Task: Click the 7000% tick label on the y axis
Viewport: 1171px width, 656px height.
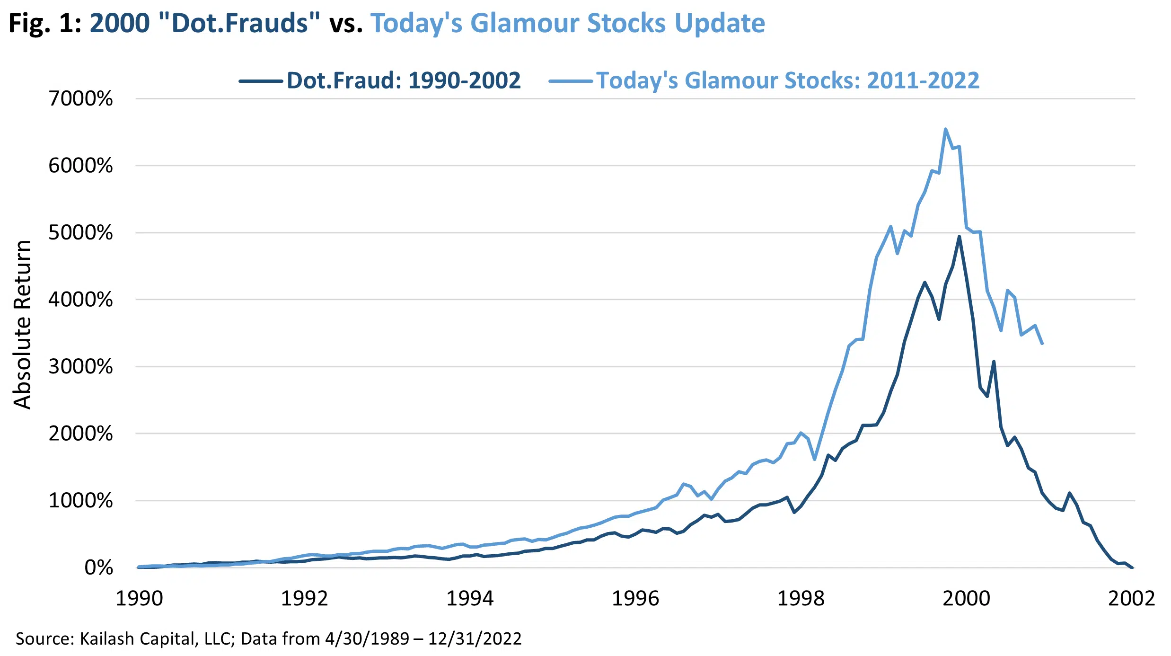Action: [80, 98]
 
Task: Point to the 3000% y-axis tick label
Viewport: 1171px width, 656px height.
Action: [80, 366]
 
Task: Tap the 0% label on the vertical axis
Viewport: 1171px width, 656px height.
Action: [98, 567]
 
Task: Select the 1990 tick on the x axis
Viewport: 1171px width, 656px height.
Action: [139, 598]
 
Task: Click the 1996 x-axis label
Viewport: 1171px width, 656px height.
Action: [635, 598]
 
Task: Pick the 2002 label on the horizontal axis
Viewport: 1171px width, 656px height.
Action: [1131, 598]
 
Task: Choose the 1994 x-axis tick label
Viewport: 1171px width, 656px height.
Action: [470, 598]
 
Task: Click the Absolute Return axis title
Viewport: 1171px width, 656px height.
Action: [22, 325]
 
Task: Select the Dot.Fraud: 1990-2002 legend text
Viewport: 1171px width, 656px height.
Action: [404, 80]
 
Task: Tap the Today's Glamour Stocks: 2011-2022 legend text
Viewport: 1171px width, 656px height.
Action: [788, 80]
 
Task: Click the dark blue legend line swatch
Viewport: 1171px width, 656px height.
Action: [261, 81]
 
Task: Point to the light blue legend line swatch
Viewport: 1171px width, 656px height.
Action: [570, 81]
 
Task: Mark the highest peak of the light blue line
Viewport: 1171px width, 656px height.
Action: [945, 129]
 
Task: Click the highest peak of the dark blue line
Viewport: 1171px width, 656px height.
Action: [959, 236]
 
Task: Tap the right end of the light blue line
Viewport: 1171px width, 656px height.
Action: [1042, 343]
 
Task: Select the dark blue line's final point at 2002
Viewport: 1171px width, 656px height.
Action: [1132, 567]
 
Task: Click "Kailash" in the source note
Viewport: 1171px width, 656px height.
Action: [101, 638]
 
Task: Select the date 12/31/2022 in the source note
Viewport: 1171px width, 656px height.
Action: [475, 638]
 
